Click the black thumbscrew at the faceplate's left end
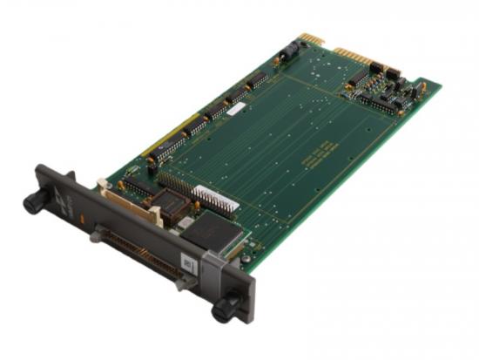pos(34,202)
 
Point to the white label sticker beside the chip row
pos(235,110)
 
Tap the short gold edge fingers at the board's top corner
pos(310,39)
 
